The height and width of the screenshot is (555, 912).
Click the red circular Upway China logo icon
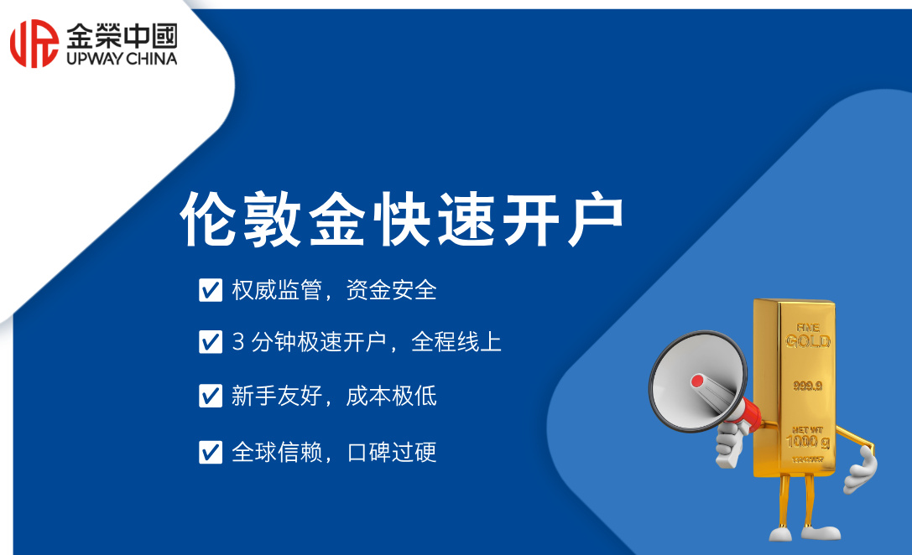click(34, 43)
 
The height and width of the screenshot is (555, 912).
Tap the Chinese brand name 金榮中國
click(121, 34)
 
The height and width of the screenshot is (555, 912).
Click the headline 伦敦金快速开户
click(402, 220)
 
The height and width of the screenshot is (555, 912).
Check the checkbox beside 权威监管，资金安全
click(210, 290)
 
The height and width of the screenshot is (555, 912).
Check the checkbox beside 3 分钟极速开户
click(210, 342)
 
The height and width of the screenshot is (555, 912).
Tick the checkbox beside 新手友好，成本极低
click(210, 396)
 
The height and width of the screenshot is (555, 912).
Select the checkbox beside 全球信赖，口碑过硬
click(210, 452)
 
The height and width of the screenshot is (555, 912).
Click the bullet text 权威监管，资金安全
click(334, 290)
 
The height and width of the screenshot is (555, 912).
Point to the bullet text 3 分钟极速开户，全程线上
click(367, 342)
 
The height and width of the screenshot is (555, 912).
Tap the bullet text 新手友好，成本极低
click(334, 396)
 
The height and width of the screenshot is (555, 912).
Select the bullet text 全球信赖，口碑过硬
click(334, 452)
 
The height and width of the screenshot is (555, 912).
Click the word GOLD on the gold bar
click(808, 341)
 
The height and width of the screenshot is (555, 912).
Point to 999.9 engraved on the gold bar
click(808, 386)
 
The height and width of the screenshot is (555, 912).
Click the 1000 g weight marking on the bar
click(807, 442)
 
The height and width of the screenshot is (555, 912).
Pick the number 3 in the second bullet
click(237, 342)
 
